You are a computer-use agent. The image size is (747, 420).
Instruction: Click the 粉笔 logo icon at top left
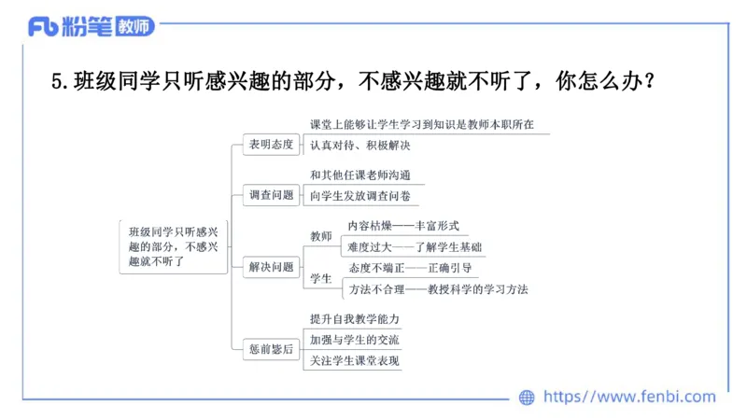[43, 27]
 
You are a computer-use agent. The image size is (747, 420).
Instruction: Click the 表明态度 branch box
[271, 145]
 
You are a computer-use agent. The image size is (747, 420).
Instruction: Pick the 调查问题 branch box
[271, 196]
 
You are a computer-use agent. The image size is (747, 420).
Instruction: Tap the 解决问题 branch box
[271, 268]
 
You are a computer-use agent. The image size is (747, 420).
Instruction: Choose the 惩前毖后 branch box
[271, 349]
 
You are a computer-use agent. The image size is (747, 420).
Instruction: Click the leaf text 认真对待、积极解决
[360, 145]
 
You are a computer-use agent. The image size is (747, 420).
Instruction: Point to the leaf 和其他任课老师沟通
[360, 175]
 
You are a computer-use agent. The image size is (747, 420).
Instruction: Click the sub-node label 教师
[320, 236]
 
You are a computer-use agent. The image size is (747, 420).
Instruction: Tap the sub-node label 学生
[320, 278]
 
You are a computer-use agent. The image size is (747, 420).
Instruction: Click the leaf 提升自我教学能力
[355, 319]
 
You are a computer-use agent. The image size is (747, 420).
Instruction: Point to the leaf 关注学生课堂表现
[355, 360]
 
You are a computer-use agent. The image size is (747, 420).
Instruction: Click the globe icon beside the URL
[527, 398]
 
